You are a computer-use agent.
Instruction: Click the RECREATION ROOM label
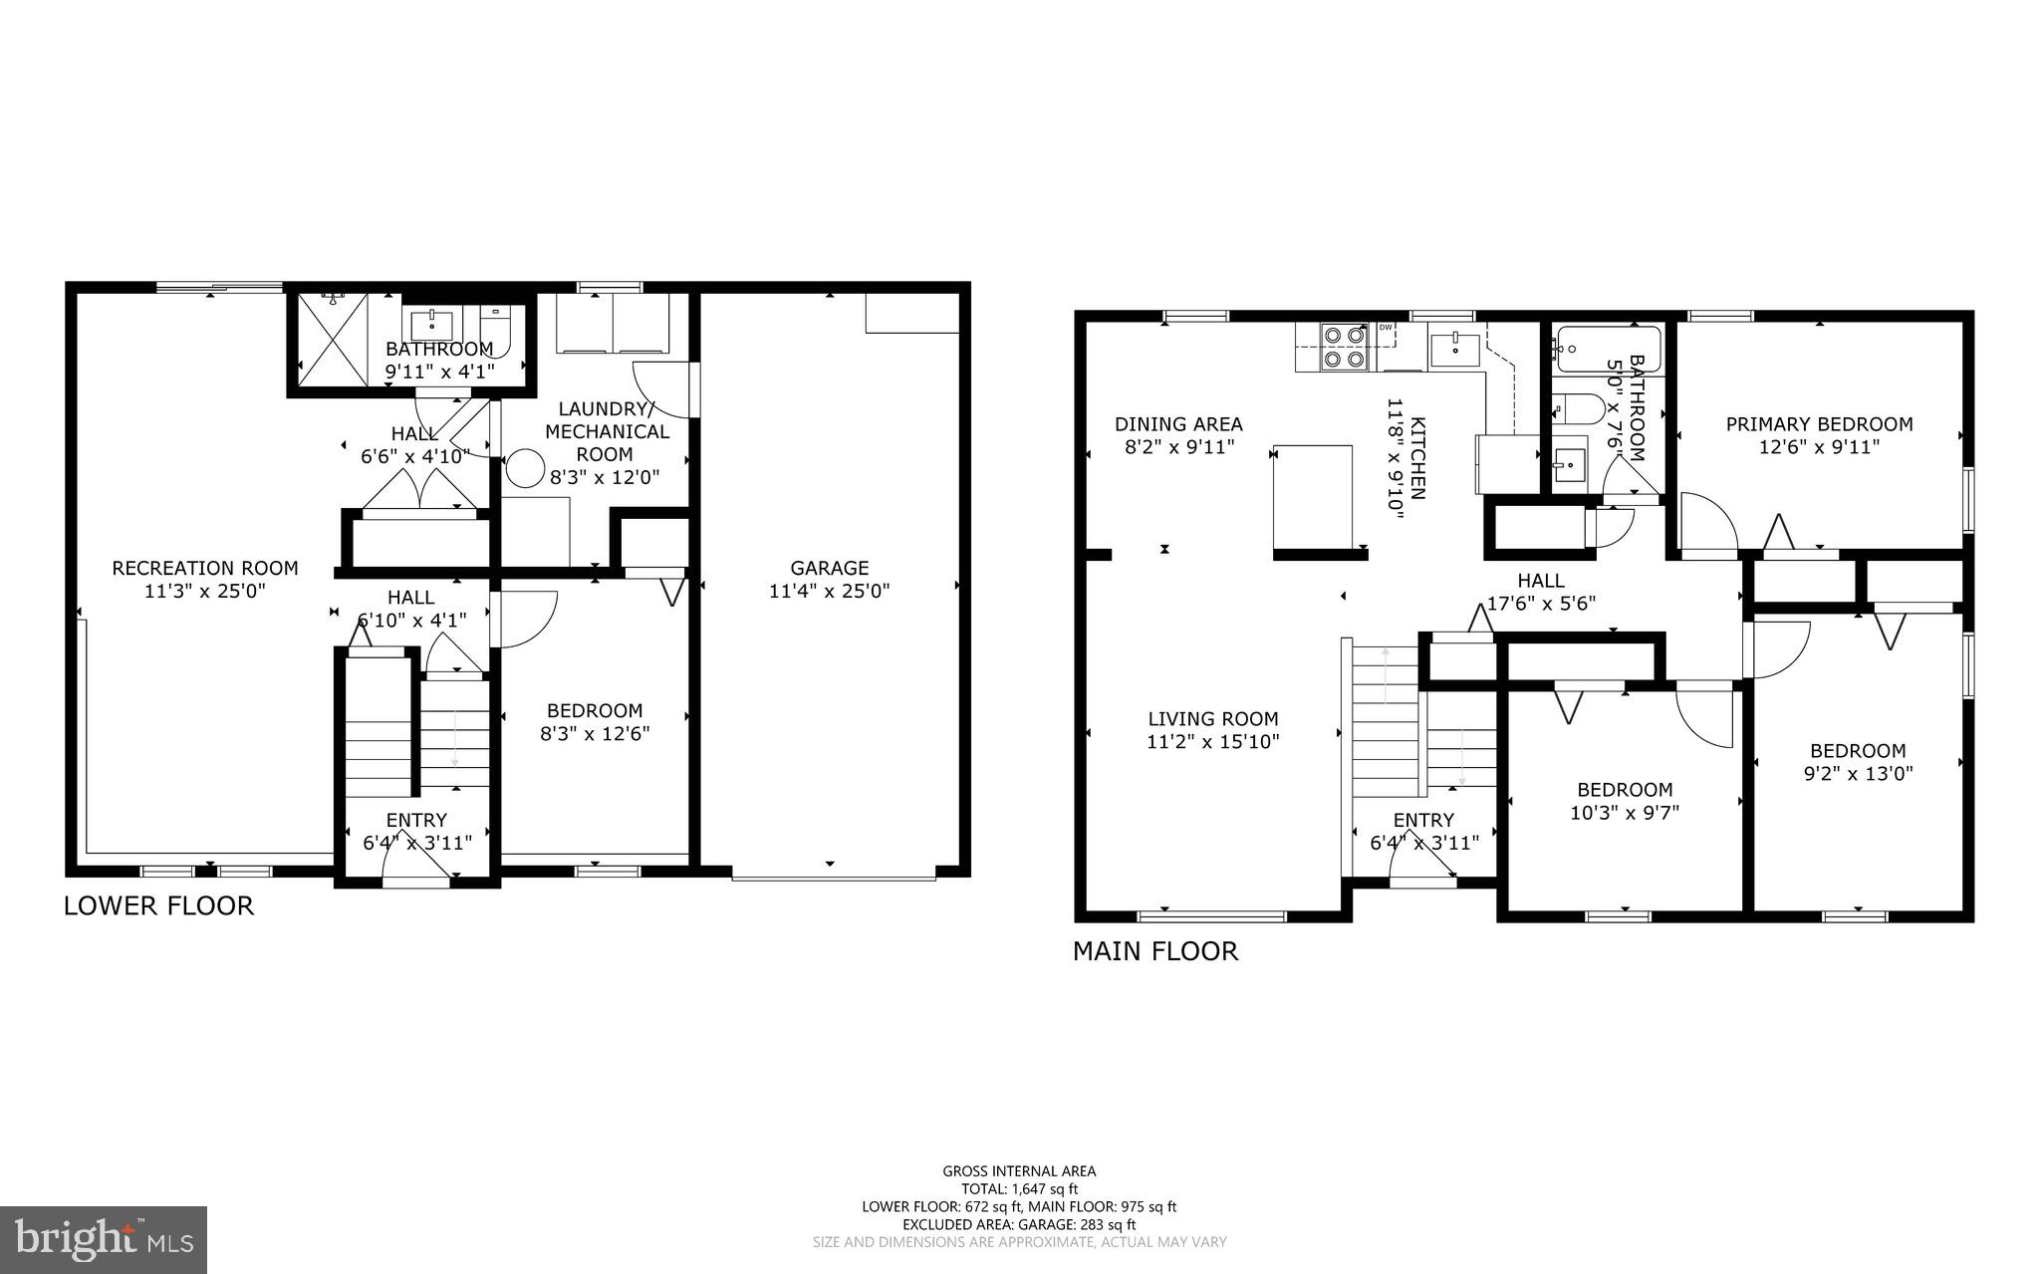(x=204, y=568)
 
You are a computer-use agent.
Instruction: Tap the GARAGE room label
(x=829, y=568)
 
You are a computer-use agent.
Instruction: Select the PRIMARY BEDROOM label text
(x=1819, y=424)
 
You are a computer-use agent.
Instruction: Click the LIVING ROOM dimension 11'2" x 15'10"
(x=1212, y=741)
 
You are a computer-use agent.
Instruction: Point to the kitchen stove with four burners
(x=1341, y=348)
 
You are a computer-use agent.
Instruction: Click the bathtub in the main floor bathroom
(x=1608, y=349)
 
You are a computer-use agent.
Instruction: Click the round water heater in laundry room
(x=525, y=468)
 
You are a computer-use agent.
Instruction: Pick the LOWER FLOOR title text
(x=158, y=905)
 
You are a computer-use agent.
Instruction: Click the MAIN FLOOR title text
(x=1154, y=951)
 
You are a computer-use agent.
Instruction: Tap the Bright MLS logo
(x=104, y=1240)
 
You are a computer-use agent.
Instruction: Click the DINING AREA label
(x=1178, y=424)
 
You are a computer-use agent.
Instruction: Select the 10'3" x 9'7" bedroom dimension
(x=1625, y=812)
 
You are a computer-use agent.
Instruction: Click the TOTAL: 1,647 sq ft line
(x=1019, y=1188)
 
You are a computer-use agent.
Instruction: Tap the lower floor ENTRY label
(x=416, y=820)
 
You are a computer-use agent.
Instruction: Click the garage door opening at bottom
(x=834, y=877)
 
